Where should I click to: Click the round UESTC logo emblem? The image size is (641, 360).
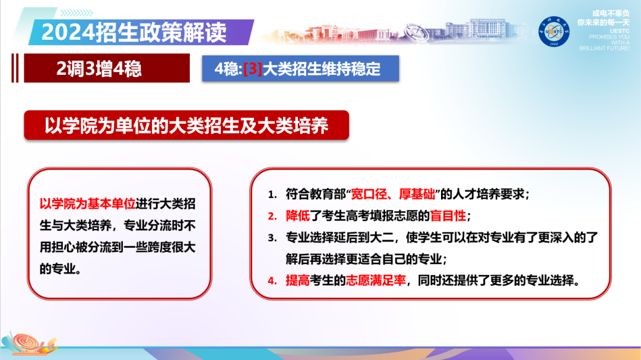[x=554, y=31]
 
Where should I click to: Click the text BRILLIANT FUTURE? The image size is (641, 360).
[x=604, y=48]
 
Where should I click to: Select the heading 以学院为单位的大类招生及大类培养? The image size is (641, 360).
[x=186, y=126]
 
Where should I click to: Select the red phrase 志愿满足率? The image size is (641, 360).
[x=376, y=281]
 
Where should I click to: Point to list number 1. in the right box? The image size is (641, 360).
[x=272, y=195]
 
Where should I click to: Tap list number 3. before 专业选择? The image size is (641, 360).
[x=272, y=238]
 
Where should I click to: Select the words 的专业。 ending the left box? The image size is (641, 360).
[x=62, y=268]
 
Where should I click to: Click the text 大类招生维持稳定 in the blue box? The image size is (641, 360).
[x=321, y=69]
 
